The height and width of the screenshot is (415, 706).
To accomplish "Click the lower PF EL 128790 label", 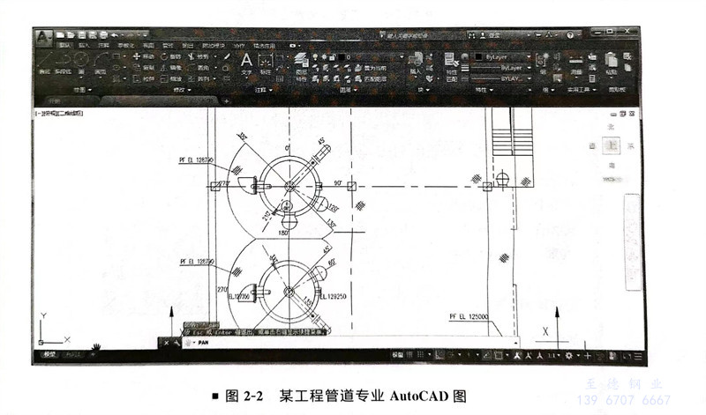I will pyautogui.click(x=197, y=262).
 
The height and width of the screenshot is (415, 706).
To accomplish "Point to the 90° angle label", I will pyautogui.click(x=337, y=183).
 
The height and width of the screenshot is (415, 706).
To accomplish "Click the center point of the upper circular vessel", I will pyautogui.click(x=290, y=186).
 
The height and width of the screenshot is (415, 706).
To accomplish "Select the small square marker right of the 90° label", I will pyautogui.click(x=352, y=186).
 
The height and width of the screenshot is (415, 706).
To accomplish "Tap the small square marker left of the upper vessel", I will pyautogui.click(x=214, y=186).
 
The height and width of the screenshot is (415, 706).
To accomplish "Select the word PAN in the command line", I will pyautogui.click(x=201, y=342).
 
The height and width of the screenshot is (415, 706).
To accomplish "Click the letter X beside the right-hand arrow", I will pyautogui.click(x=545, y=331).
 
